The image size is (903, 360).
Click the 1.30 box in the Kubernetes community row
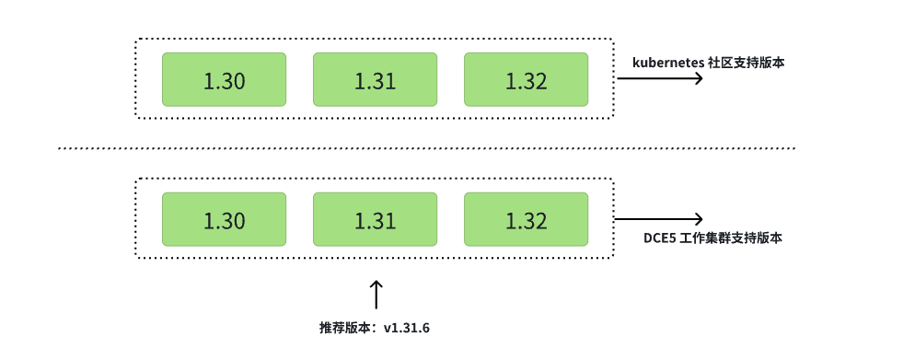[x=224, y=79]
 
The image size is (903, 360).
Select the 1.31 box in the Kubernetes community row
[x=375, y=79]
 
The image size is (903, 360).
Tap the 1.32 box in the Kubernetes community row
[x=526, y=79]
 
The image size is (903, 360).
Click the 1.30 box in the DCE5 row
[x=224, y=219]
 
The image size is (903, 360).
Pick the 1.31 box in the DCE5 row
[x=375, y=219]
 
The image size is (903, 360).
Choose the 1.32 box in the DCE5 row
[x=526, y=219]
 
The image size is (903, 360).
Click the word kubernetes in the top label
[x=667, y=63]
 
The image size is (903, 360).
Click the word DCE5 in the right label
[x=660, y=238]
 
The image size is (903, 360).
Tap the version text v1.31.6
[x=406, y=328]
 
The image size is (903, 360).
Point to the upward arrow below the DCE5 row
[x=375, y=295]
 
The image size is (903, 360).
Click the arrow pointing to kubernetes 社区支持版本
[x=659, y=79]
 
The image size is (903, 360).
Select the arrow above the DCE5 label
[x=659, y=219]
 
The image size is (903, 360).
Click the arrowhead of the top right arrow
[x=700, y=79]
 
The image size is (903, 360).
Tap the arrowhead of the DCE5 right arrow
[x=700, y=219]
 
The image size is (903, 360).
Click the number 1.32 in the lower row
[x=526, y=221]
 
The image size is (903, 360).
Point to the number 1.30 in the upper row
[x=224, y=81]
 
